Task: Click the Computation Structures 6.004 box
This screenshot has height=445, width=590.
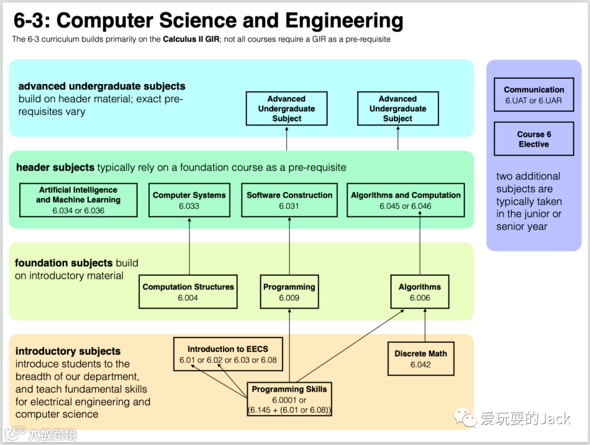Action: [188, 292]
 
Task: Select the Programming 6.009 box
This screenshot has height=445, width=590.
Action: [289, 292]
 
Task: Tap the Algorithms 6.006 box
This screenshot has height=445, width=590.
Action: [420, 292]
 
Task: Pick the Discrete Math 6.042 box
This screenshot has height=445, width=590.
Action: [421, 359]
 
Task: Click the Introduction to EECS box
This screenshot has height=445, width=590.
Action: [228, 354]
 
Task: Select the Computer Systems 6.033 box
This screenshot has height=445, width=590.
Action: [189, 200]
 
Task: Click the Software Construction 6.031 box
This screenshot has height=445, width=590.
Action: [289, 200]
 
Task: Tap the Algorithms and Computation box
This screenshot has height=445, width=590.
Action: [405, 200]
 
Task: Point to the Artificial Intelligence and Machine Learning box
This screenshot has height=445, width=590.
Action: [78, 200]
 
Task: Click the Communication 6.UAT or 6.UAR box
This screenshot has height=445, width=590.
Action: [534, 95]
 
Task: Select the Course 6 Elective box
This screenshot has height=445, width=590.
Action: [534, 139]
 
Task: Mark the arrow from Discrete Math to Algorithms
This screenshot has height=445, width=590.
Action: [424, 325]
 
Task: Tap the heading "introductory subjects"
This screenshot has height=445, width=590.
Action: [68, 352]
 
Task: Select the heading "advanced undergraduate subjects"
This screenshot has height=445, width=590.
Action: [102, 86]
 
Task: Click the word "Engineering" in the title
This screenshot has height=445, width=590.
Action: [344, 21]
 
